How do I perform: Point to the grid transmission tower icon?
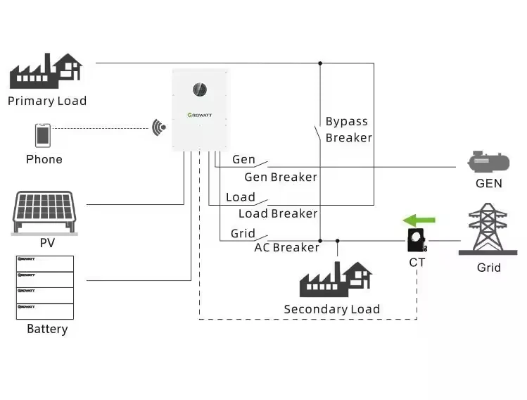coord(489,229)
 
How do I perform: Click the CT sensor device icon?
coord(417,241)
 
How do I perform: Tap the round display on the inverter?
coord(200,90)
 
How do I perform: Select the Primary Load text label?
coord(47,101)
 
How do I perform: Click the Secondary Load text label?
coord(331,309)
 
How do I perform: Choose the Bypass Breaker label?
coord(348,130)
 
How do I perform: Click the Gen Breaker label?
coord(281,177)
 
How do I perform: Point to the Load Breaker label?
coord(278,213)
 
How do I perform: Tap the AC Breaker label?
coord(286,247)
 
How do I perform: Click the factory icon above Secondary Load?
coord(336,279)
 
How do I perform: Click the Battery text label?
coord(47,329)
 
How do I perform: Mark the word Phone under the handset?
coord(44,159)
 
